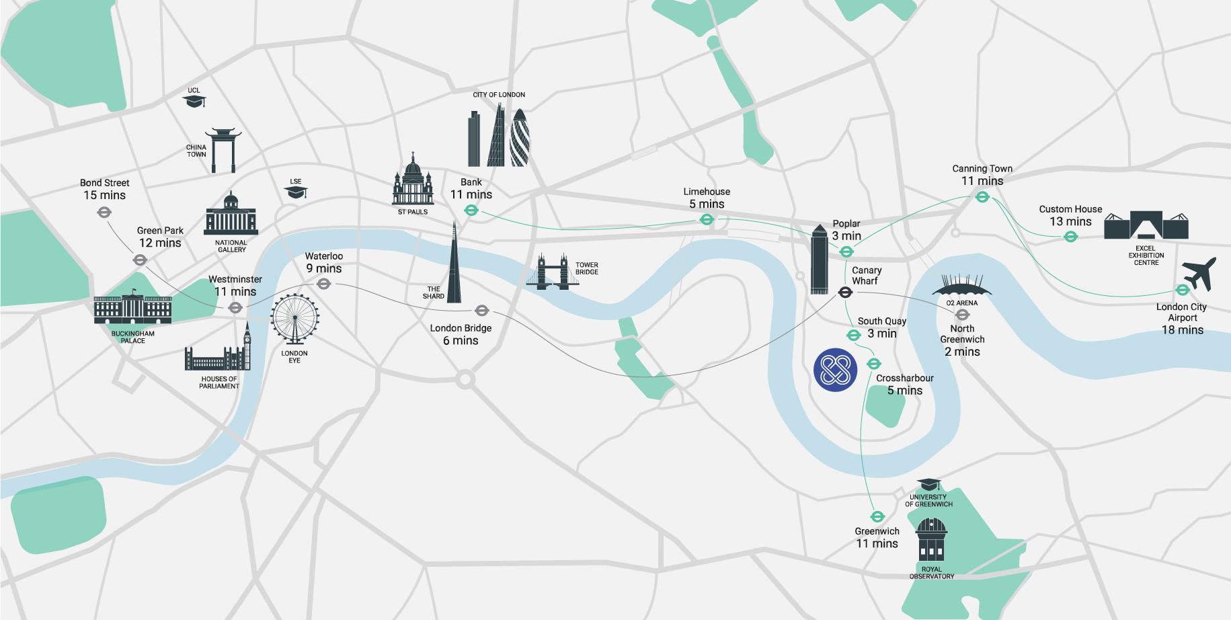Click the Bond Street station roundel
pyautogui.click(x=104, y=212)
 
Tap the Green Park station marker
pyautogui.click(x=140, y=260)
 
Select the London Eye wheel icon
pyautogui.click(x=294, y=319)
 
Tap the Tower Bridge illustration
pyautogui.click(x=553, y=272)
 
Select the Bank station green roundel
pyautogui.click(x=471, y=210)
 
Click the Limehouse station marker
pyautogui.click(x=707, y=219)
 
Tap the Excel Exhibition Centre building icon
pyautogui.click(x=1146, y=225)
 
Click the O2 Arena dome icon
pyautogui.click(x=961, y=286)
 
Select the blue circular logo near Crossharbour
pyautogui.click(x=836, y=370)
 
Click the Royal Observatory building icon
pyautogui.click(x=931, y=539)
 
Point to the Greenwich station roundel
pyautogui.click(x=877, y=516)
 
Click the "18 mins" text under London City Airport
pyautogui.click(x=1183, y=330)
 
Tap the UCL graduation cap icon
pyautogui.click(x=194, y=101)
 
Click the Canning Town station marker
pyautogui.click(x=982, y=197)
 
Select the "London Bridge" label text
pyautogui.click(x=461, y=328)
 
